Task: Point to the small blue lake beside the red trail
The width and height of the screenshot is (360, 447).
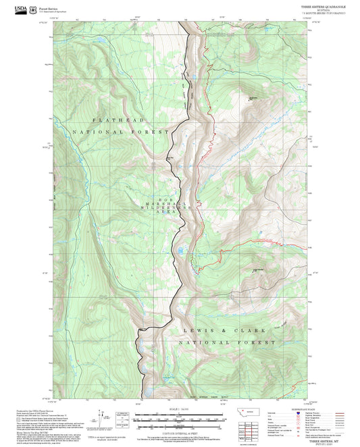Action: (180, 252)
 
